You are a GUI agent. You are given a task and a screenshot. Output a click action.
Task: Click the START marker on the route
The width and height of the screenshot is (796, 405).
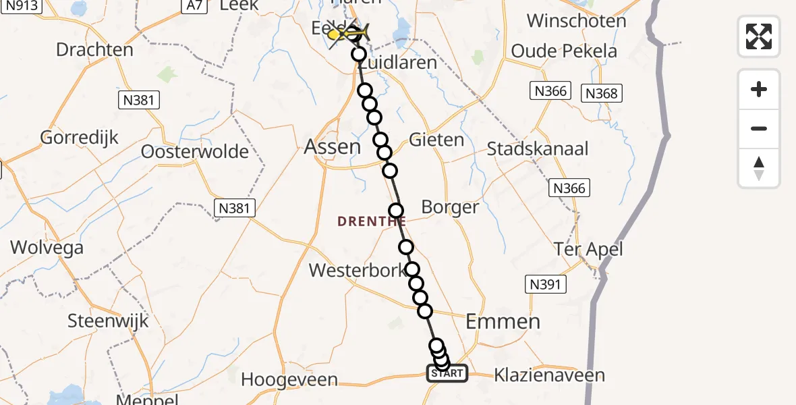(x=447, y=373)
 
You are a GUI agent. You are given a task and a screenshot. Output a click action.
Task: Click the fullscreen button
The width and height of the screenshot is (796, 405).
(x=759, y=36)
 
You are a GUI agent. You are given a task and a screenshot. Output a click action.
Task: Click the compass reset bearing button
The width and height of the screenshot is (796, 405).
(x=759, y=168)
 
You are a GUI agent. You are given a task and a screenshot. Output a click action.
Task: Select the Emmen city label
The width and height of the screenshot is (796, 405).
(x=503, y=321)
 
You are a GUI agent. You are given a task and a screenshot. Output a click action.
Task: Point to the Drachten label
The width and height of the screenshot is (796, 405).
(x=94, y=50)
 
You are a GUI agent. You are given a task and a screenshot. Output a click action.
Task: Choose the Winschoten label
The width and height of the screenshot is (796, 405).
(x=576, y=21)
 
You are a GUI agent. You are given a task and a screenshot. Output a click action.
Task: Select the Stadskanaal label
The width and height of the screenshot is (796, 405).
(x=538, y=148)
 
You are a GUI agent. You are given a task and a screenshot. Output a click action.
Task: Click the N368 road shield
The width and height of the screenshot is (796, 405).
(x=602, y=93)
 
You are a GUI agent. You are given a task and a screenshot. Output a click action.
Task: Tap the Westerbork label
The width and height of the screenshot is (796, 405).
(x=358, y=271)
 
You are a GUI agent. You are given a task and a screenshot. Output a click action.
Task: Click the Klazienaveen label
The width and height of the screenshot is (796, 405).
(x=549, y=375)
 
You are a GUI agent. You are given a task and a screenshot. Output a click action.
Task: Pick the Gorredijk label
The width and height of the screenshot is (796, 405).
(x=80, y=138)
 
